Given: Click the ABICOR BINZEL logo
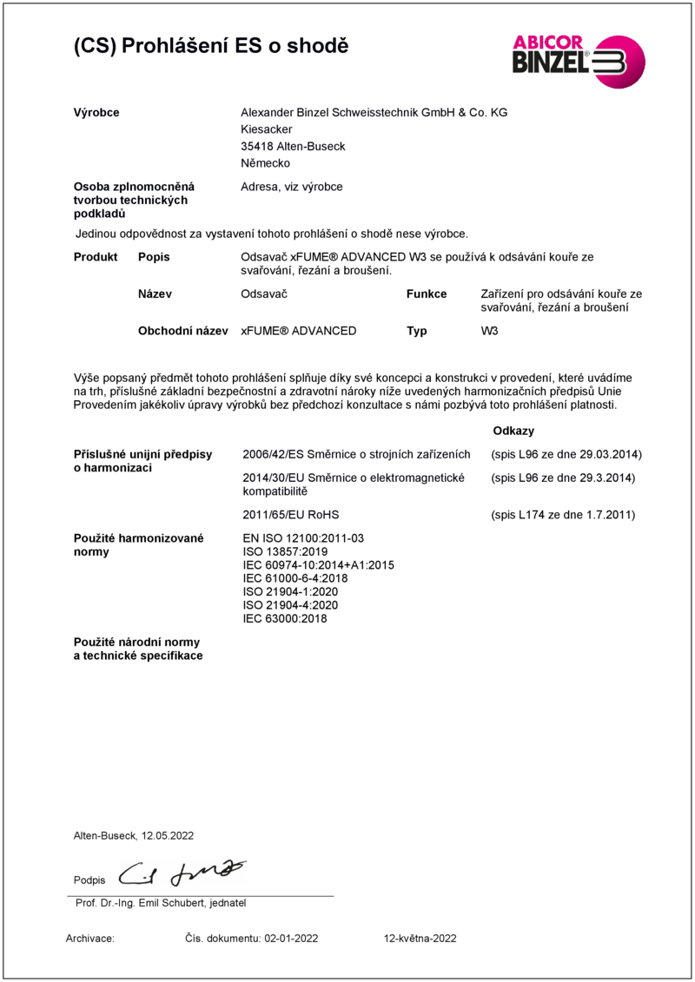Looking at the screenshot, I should (578, 60).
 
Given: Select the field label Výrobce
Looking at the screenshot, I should (96, 113).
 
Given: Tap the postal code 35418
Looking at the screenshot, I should (256, 147).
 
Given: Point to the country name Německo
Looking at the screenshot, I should (265, 163).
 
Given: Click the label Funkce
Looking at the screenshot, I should (427, 294).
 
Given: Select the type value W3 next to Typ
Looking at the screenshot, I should (489, 331).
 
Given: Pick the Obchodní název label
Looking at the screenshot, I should (182, 331).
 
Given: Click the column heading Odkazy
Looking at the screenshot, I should (513, 431).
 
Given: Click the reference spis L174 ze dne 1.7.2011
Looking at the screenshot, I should (563, 515).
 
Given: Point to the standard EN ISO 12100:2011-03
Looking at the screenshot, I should (303, 538).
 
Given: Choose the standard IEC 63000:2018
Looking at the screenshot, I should (285, 619).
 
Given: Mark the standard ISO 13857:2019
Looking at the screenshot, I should (285, 551).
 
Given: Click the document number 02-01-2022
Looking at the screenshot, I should (293, 939).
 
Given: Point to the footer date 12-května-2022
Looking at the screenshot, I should (420, 939).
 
